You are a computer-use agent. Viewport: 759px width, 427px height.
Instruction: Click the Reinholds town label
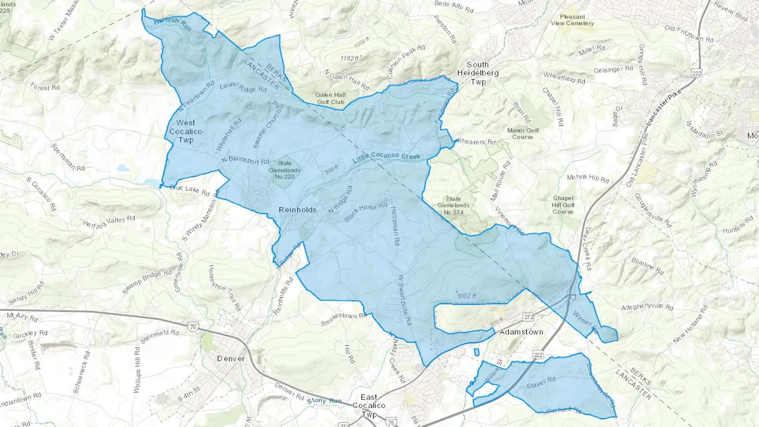298,209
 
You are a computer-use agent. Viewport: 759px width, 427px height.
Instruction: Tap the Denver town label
231,359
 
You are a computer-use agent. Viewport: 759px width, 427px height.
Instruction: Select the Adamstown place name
521,332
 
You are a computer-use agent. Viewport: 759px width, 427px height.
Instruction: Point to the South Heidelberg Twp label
478,73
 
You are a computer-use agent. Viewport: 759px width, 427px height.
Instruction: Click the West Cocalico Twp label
186,132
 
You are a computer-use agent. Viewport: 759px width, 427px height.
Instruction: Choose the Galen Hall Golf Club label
331,98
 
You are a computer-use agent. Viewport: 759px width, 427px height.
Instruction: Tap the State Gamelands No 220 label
285,170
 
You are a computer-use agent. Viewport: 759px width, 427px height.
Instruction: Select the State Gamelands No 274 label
453,205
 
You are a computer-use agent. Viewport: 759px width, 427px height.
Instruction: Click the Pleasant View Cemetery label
572,20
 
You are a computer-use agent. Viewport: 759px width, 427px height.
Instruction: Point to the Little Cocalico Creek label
387,156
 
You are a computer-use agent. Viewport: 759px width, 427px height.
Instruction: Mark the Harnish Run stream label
172,24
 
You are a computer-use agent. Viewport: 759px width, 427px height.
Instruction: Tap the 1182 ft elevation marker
350,59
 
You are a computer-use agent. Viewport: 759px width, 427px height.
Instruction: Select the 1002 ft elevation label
466,296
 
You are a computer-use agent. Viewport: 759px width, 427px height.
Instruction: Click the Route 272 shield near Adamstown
528,317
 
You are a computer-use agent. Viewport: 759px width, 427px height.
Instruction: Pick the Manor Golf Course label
523,134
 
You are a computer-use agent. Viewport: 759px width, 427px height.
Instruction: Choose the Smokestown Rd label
344,320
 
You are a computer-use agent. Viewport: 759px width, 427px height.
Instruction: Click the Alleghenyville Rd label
647,307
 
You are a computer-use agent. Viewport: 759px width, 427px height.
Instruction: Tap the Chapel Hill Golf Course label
563,205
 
